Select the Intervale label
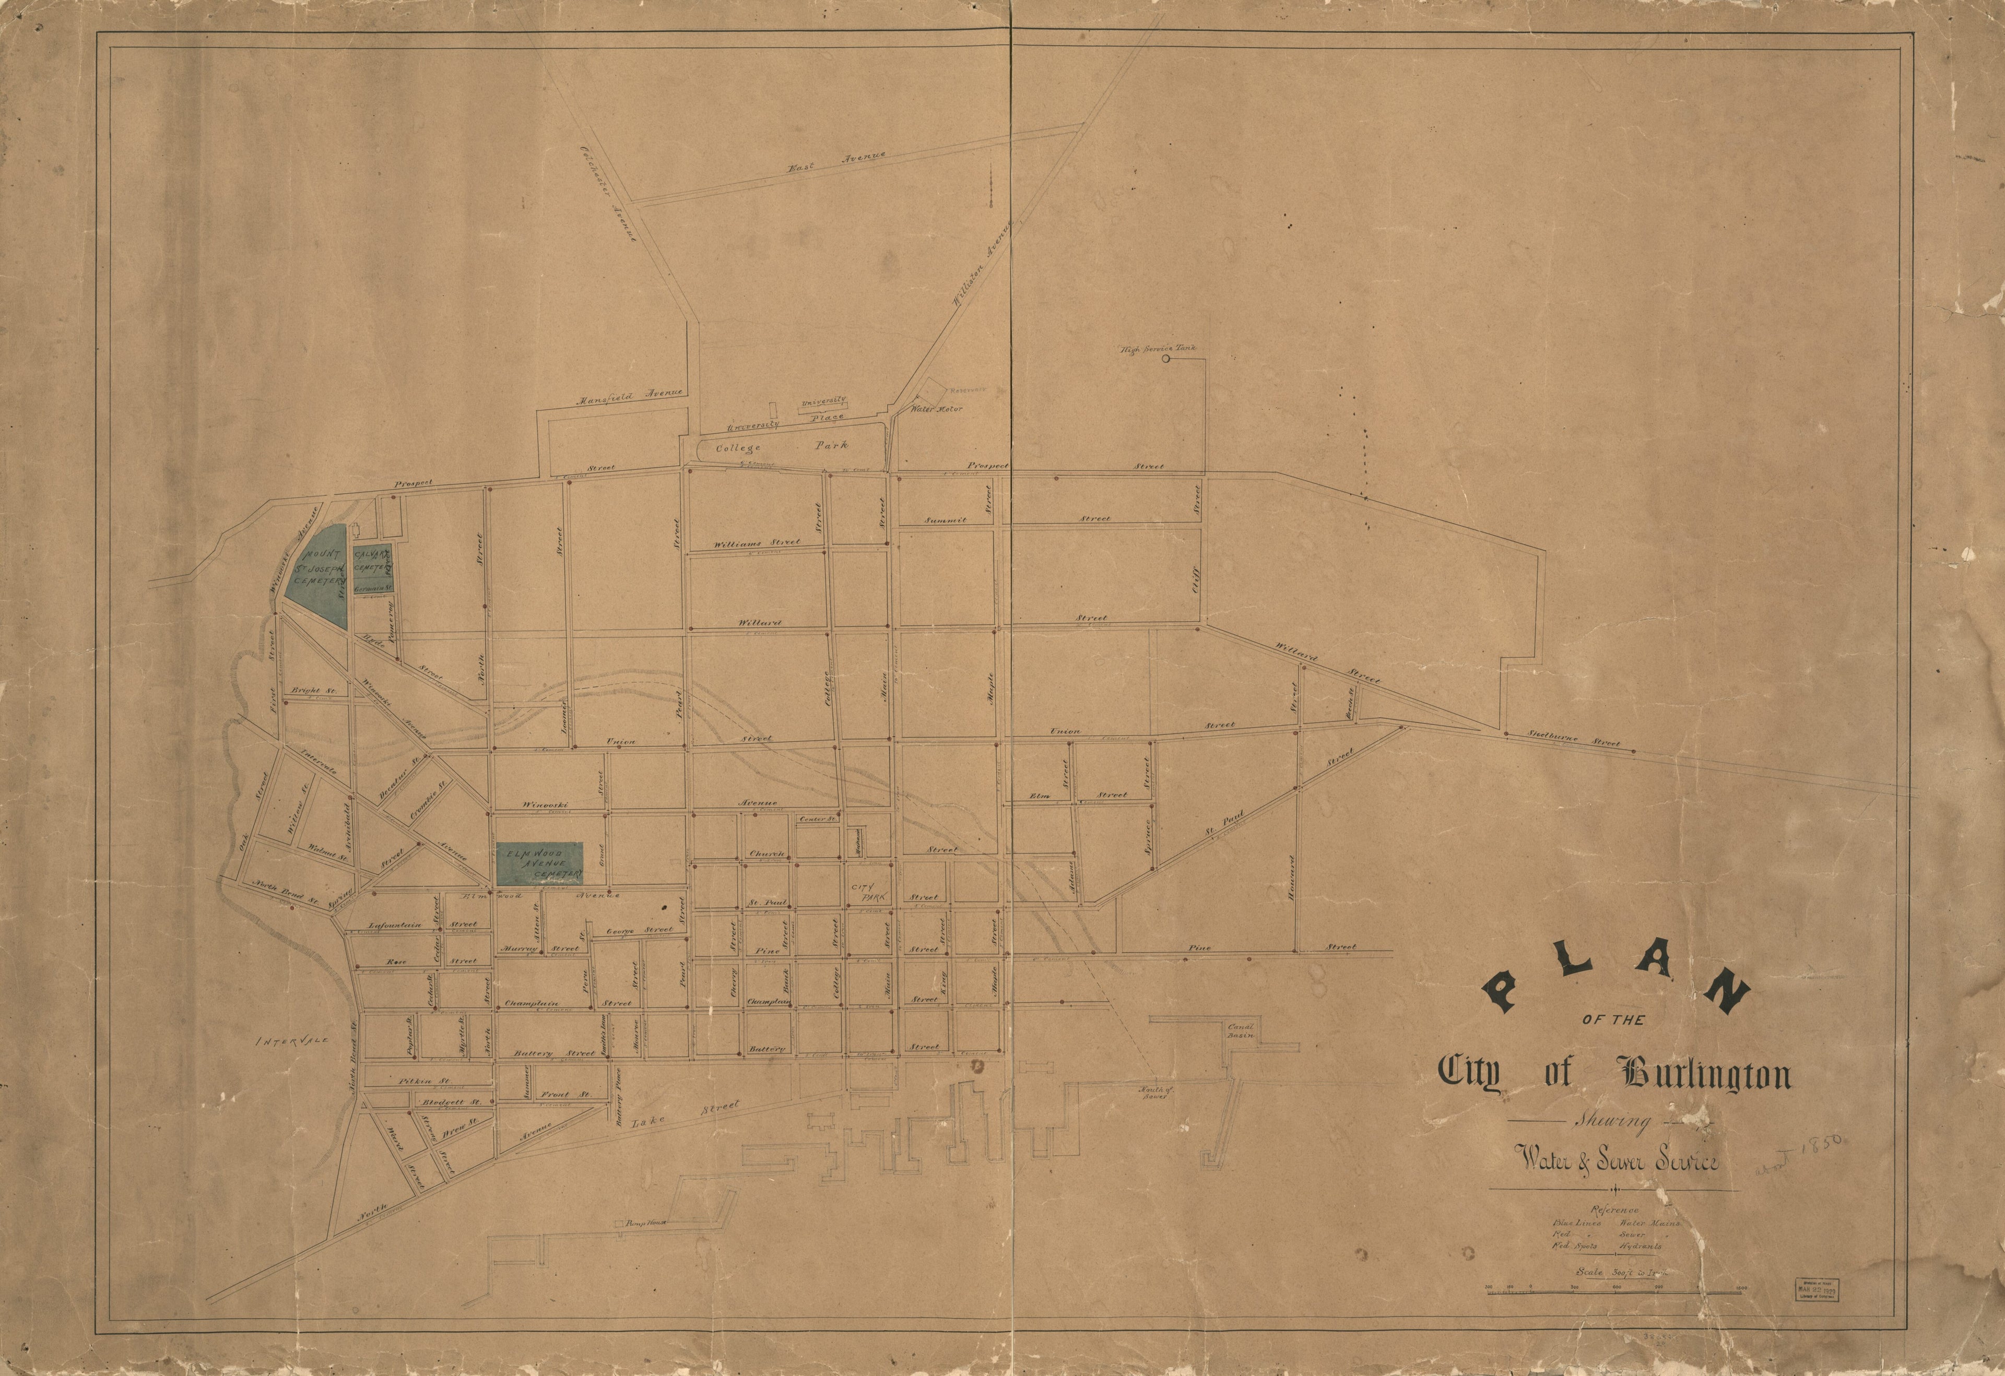point(294,1042)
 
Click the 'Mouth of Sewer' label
point(1152,1092)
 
